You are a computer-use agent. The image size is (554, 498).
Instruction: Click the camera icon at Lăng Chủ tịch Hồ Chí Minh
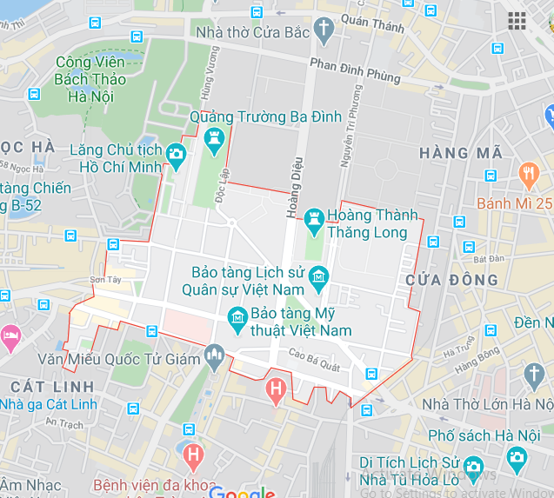[177, 156]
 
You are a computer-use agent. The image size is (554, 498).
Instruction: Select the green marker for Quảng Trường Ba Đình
[214, 136]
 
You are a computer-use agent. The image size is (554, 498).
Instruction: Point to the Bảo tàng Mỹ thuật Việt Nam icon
[237, 322]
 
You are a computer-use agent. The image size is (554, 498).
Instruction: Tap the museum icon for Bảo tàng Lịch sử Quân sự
[319, 277]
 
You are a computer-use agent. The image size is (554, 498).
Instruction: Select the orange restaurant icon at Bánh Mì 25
[528, 175]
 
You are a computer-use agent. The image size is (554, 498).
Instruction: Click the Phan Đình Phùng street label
[355, 70]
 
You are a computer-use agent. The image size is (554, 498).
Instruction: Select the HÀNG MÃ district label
[461, 153]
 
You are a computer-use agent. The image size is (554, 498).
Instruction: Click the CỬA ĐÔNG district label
[452, 280]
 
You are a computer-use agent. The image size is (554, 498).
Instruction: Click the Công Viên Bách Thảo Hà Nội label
[90, 79]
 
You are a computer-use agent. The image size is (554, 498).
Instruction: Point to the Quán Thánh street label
[373, 25]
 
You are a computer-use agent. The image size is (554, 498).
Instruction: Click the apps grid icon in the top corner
[517, 20]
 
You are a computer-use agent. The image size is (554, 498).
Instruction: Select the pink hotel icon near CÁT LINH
[10, 334]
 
